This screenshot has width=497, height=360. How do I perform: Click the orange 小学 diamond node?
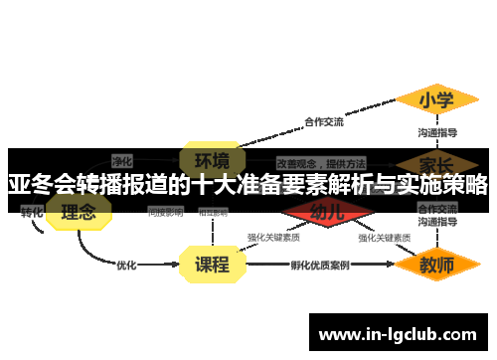pyautogui.click(x=436, y=100)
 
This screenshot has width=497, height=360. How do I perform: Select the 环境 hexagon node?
pyautogui.click(x=211, y=159)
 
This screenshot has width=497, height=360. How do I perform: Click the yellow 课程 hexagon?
pyautogui.click(x=211, y=265)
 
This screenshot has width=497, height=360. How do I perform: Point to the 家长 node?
pyautogui.click(x=436, y=162)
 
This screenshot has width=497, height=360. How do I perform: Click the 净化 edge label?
pyautogui.click(x=122, y=160)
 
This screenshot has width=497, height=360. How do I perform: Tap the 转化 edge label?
pyautogui.click(x=32, y=212)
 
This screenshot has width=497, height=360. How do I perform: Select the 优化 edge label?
pyautogui.click(x=126, y=266)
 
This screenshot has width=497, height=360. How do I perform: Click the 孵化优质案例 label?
pyautogui.click(x=319, y=266)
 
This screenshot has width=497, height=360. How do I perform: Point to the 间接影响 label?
pyautogui.click(x=165, y=212)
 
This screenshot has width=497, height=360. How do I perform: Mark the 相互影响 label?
pyautogui.click(x=212, y=212)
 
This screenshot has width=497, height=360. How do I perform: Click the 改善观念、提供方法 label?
pyautogui.click(x=321, y=161)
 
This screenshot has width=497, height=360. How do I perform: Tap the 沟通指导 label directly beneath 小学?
pyautogui.click(x=436, y=132)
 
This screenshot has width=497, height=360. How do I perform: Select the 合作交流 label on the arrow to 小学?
pyautogui.click(x=323, y=122)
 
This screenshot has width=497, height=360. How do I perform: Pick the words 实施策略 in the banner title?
pyautogui.click(x=445, y=185)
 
